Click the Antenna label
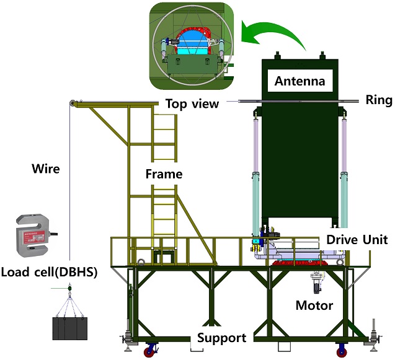300,81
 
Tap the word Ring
378,100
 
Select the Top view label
192,103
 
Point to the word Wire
47,167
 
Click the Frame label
164,174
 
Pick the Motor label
314,305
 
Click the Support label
221,338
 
